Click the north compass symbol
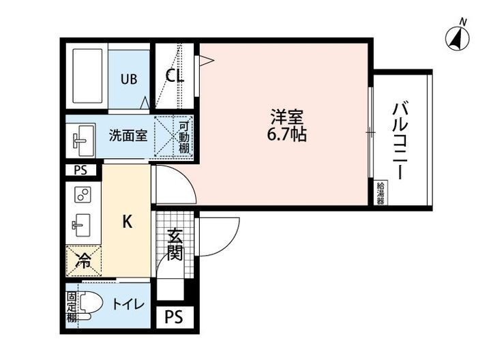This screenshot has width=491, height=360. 457,37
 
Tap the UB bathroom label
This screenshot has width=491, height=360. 129,79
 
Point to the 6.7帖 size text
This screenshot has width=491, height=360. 286,134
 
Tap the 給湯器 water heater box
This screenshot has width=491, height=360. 380,192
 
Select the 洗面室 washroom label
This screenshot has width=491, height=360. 128,134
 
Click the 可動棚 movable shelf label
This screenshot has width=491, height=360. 185,136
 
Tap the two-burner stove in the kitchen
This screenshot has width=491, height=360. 83,195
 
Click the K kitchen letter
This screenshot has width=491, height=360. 127,221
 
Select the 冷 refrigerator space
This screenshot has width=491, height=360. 83,259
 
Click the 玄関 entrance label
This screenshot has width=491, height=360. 175,246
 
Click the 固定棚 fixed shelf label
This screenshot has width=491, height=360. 72,306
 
